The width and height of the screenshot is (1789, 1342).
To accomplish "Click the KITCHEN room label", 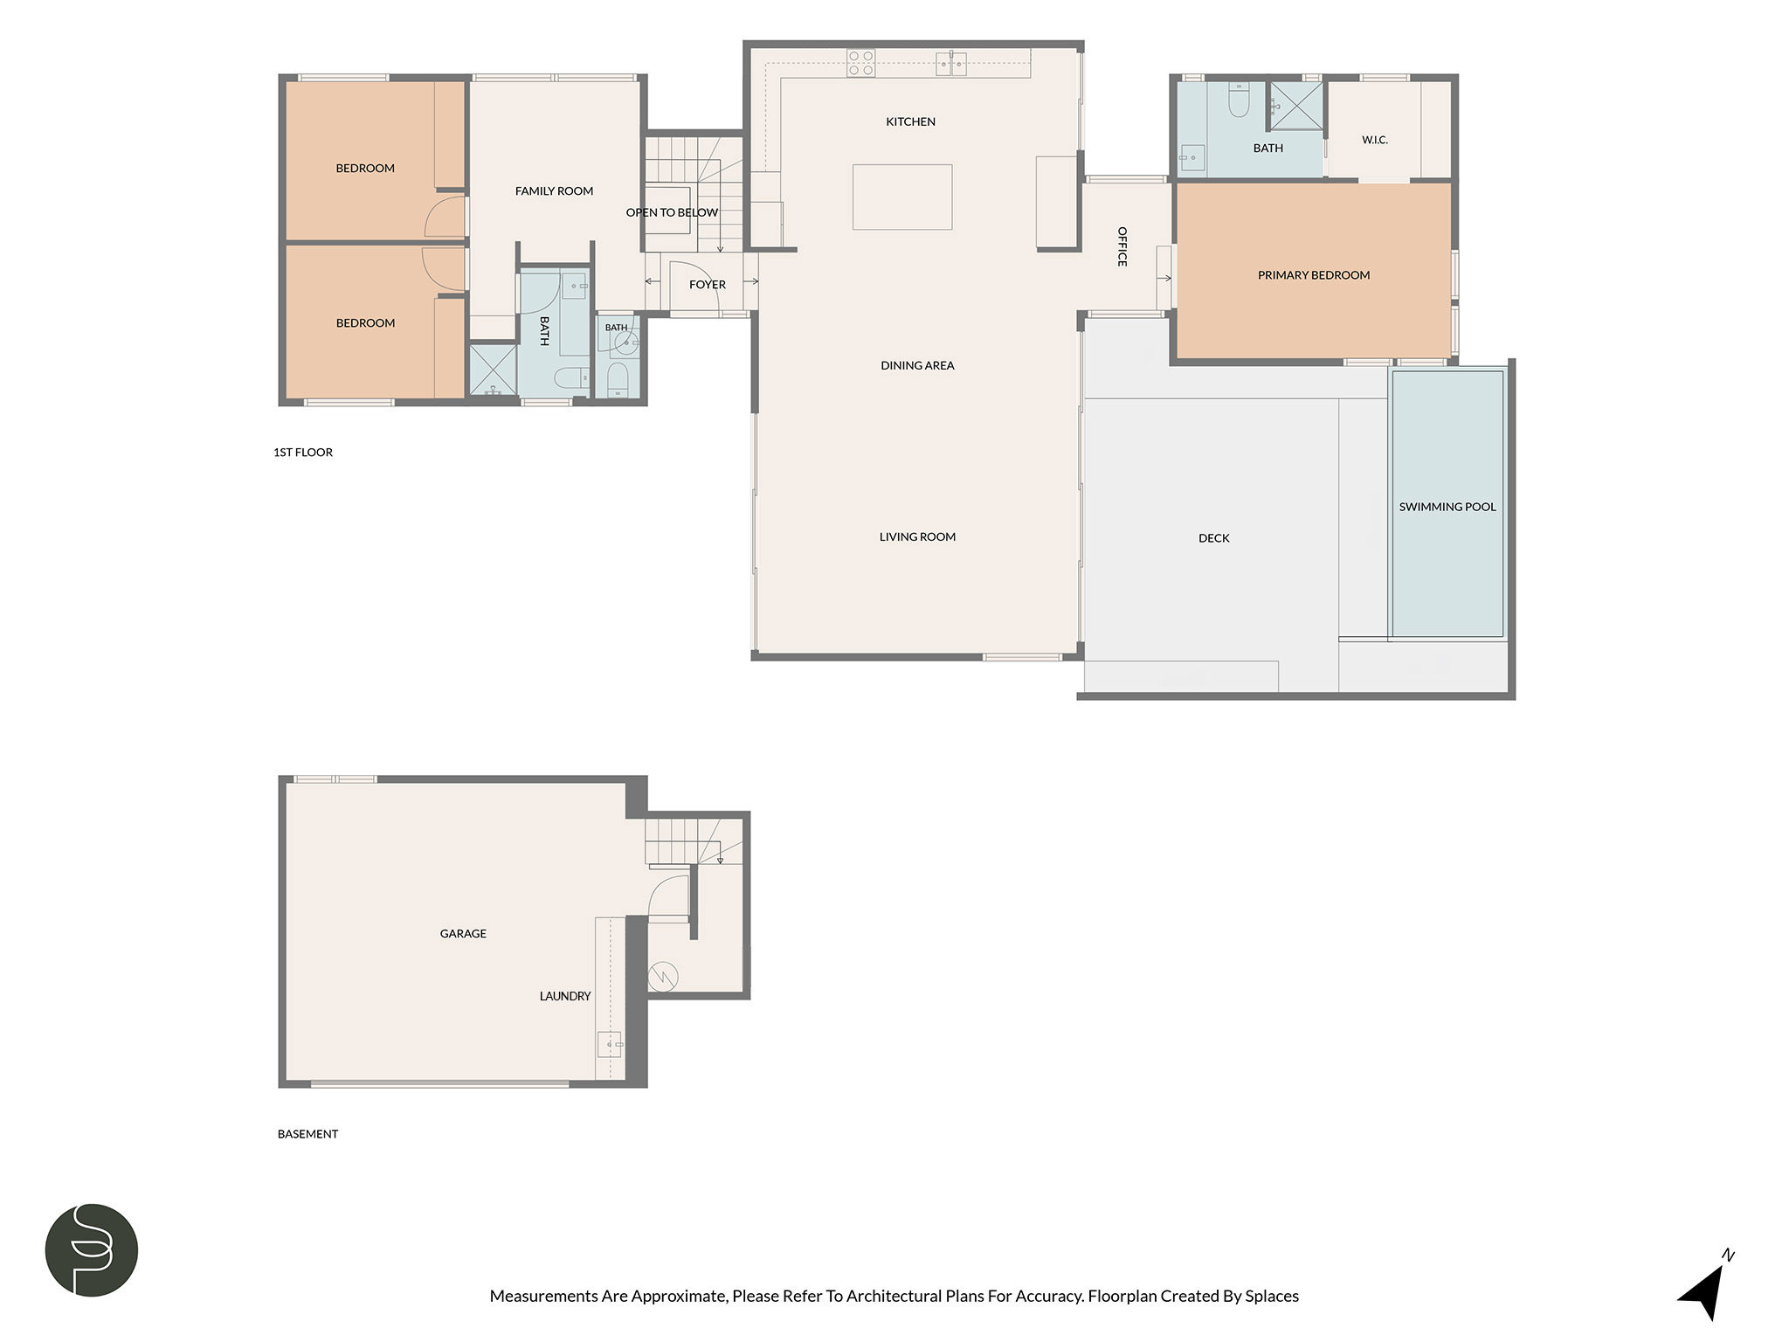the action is pos(910,121).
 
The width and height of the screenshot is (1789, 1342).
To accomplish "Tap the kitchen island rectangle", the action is pos(902,197).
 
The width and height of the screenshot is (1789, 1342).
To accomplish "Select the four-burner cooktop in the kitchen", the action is pos(860,63).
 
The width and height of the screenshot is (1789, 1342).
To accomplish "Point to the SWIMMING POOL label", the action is pos(1447,507).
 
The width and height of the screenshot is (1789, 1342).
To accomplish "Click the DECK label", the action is pos(1213,538).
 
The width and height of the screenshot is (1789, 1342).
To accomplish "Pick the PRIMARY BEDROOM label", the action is pos(1314,275).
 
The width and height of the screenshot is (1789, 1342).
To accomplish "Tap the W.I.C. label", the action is pos(1375,140).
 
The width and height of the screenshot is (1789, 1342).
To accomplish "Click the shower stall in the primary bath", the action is pos(1295,106).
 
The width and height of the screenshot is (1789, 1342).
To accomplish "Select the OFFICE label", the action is pos(1122,246).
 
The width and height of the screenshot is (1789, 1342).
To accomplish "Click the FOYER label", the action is pos(708,285).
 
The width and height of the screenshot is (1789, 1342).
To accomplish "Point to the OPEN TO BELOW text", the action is pos(672,212).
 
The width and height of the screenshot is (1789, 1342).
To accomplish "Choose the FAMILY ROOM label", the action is pos(554,190).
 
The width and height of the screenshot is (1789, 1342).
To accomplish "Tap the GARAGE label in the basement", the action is pos(463,934).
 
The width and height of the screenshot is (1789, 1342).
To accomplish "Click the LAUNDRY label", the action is pos(565,996).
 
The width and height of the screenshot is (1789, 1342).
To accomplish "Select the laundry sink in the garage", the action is pos(610,1043).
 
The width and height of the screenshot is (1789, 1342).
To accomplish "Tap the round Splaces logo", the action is pos(92,1250).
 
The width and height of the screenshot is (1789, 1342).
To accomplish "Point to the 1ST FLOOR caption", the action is pos(303,453).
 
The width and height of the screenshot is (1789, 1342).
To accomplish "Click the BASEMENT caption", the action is pos(307,1134).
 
